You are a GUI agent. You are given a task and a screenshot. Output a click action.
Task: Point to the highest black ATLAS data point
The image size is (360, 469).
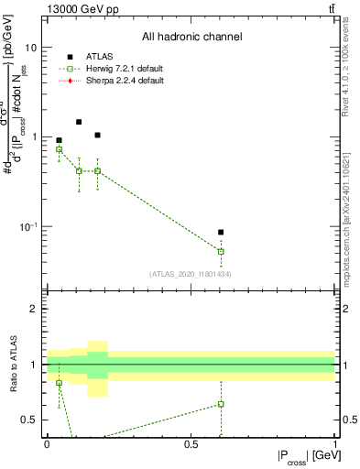tap(79, 122)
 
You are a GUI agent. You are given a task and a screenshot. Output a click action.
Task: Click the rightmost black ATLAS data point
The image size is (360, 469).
tap(221, 233)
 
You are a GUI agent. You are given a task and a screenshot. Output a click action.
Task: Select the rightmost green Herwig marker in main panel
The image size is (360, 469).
tap(221, 251)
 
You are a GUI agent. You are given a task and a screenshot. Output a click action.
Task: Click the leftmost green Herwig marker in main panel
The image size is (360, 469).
tap(60, 148)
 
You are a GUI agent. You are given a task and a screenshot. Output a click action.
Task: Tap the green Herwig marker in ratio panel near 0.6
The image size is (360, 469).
tap(221, 404)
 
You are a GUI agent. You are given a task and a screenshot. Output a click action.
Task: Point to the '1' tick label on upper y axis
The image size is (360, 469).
tap(34, 137)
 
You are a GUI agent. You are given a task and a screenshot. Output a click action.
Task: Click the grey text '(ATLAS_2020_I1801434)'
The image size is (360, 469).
tap(189, 274)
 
